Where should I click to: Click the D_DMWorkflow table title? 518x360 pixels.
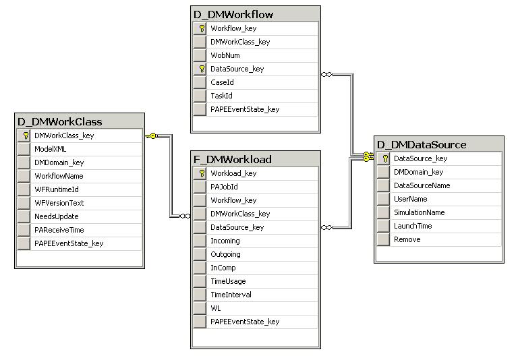(x=234, y=14)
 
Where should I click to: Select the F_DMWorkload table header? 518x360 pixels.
(x=233, y=159)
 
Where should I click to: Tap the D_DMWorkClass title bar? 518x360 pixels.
(x=60, y=121)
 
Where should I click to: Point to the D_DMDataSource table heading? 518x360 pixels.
(x=422, y=144)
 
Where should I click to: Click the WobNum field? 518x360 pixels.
(x=225, y=55)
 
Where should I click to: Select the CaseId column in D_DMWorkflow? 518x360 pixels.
(x=222, y=82)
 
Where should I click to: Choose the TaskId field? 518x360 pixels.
(x=221, y=96)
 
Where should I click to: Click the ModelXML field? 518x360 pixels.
(x=51, y=149)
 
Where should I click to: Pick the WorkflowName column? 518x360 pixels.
(x=59, y=176)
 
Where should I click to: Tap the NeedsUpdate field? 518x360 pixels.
(x=57, y=216)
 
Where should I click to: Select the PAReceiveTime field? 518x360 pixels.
(x=60, y=230)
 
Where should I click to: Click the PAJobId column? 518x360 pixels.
(x=224, y=187)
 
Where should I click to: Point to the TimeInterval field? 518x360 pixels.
(x=231, y=295)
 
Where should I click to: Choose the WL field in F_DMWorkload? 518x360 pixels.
(x=216, y=308)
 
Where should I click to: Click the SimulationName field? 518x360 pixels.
(x=419, y=212)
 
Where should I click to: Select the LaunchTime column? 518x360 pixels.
(x=413, y=226)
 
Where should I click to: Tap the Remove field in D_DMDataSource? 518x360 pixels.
(x=407, y=239)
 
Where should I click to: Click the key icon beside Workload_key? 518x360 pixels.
(x=200, y=173)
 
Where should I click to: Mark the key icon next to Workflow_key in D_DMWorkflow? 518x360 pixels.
(x=200, y=28)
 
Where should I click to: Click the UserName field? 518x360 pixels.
(x=411, y=199)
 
